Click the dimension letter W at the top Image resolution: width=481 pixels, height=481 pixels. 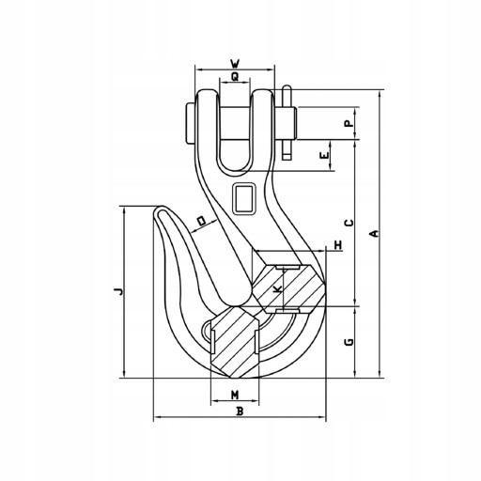point(235,64)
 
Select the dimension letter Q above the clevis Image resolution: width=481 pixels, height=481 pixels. point(235,76)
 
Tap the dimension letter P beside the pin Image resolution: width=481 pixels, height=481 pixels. point(349,123)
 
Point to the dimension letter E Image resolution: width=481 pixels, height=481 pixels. point(325,155)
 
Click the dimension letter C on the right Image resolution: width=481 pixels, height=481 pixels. point(349,223)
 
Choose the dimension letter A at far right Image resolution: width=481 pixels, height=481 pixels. point(374,234)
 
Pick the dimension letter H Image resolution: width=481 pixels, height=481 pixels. point(338,245)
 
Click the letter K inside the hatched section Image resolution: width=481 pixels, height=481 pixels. point(277,289)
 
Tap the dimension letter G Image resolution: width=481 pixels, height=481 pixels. point(349,342)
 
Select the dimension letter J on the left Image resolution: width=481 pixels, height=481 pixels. point(118,292)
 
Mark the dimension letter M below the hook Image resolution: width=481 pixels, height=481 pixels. point(235,396)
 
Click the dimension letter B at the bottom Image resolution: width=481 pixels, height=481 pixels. point(240,411)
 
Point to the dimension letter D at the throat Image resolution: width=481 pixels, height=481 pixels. point(202,221)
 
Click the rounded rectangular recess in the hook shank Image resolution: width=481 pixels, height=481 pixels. point(244,199)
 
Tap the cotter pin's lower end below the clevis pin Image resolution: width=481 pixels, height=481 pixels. point(287,157)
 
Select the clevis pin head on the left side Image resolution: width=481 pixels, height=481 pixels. point(190,123)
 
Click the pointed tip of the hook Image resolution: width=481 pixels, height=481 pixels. point(162,208)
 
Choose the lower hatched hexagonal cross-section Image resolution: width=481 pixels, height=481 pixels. point(235,342)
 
